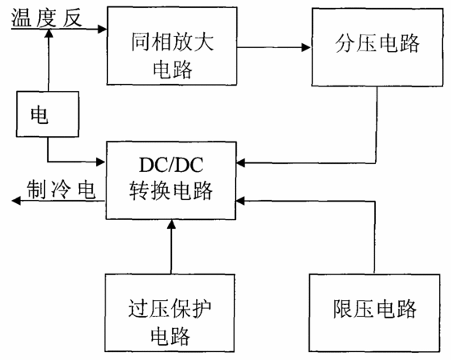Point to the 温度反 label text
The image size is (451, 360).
pyautogui.click(x=46, y=18)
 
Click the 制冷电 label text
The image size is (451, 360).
pyautogui.click(x=61, y=190)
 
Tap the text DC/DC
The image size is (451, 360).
pyautogui.click(x=171, y=165)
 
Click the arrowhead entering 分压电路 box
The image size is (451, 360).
pyautogui.click(x=305, y=47)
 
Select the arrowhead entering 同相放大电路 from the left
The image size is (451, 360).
pyautogui.click(x=102, y=29)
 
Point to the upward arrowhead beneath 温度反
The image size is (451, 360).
pyautogui.click(x=49, y=34)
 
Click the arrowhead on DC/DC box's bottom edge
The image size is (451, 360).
pyautogui.click(x=171, y=225)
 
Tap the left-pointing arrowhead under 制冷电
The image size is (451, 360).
pyautogui.click(x=17, y=201)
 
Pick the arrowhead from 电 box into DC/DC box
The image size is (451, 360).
pyautogui.click(x=101, y=162)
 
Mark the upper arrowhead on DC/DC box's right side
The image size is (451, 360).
pyautogui.click(x=241, y=163)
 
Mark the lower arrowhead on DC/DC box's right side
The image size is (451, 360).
pyautogui.click(x=241, y=201)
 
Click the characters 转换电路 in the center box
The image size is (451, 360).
pyautogui.click(x=171, y=190)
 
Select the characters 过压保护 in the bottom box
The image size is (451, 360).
pyautogui.click(x=170, y=309)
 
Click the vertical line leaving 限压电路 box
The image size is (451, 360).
pyautogui.click(x=375, y=237)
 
